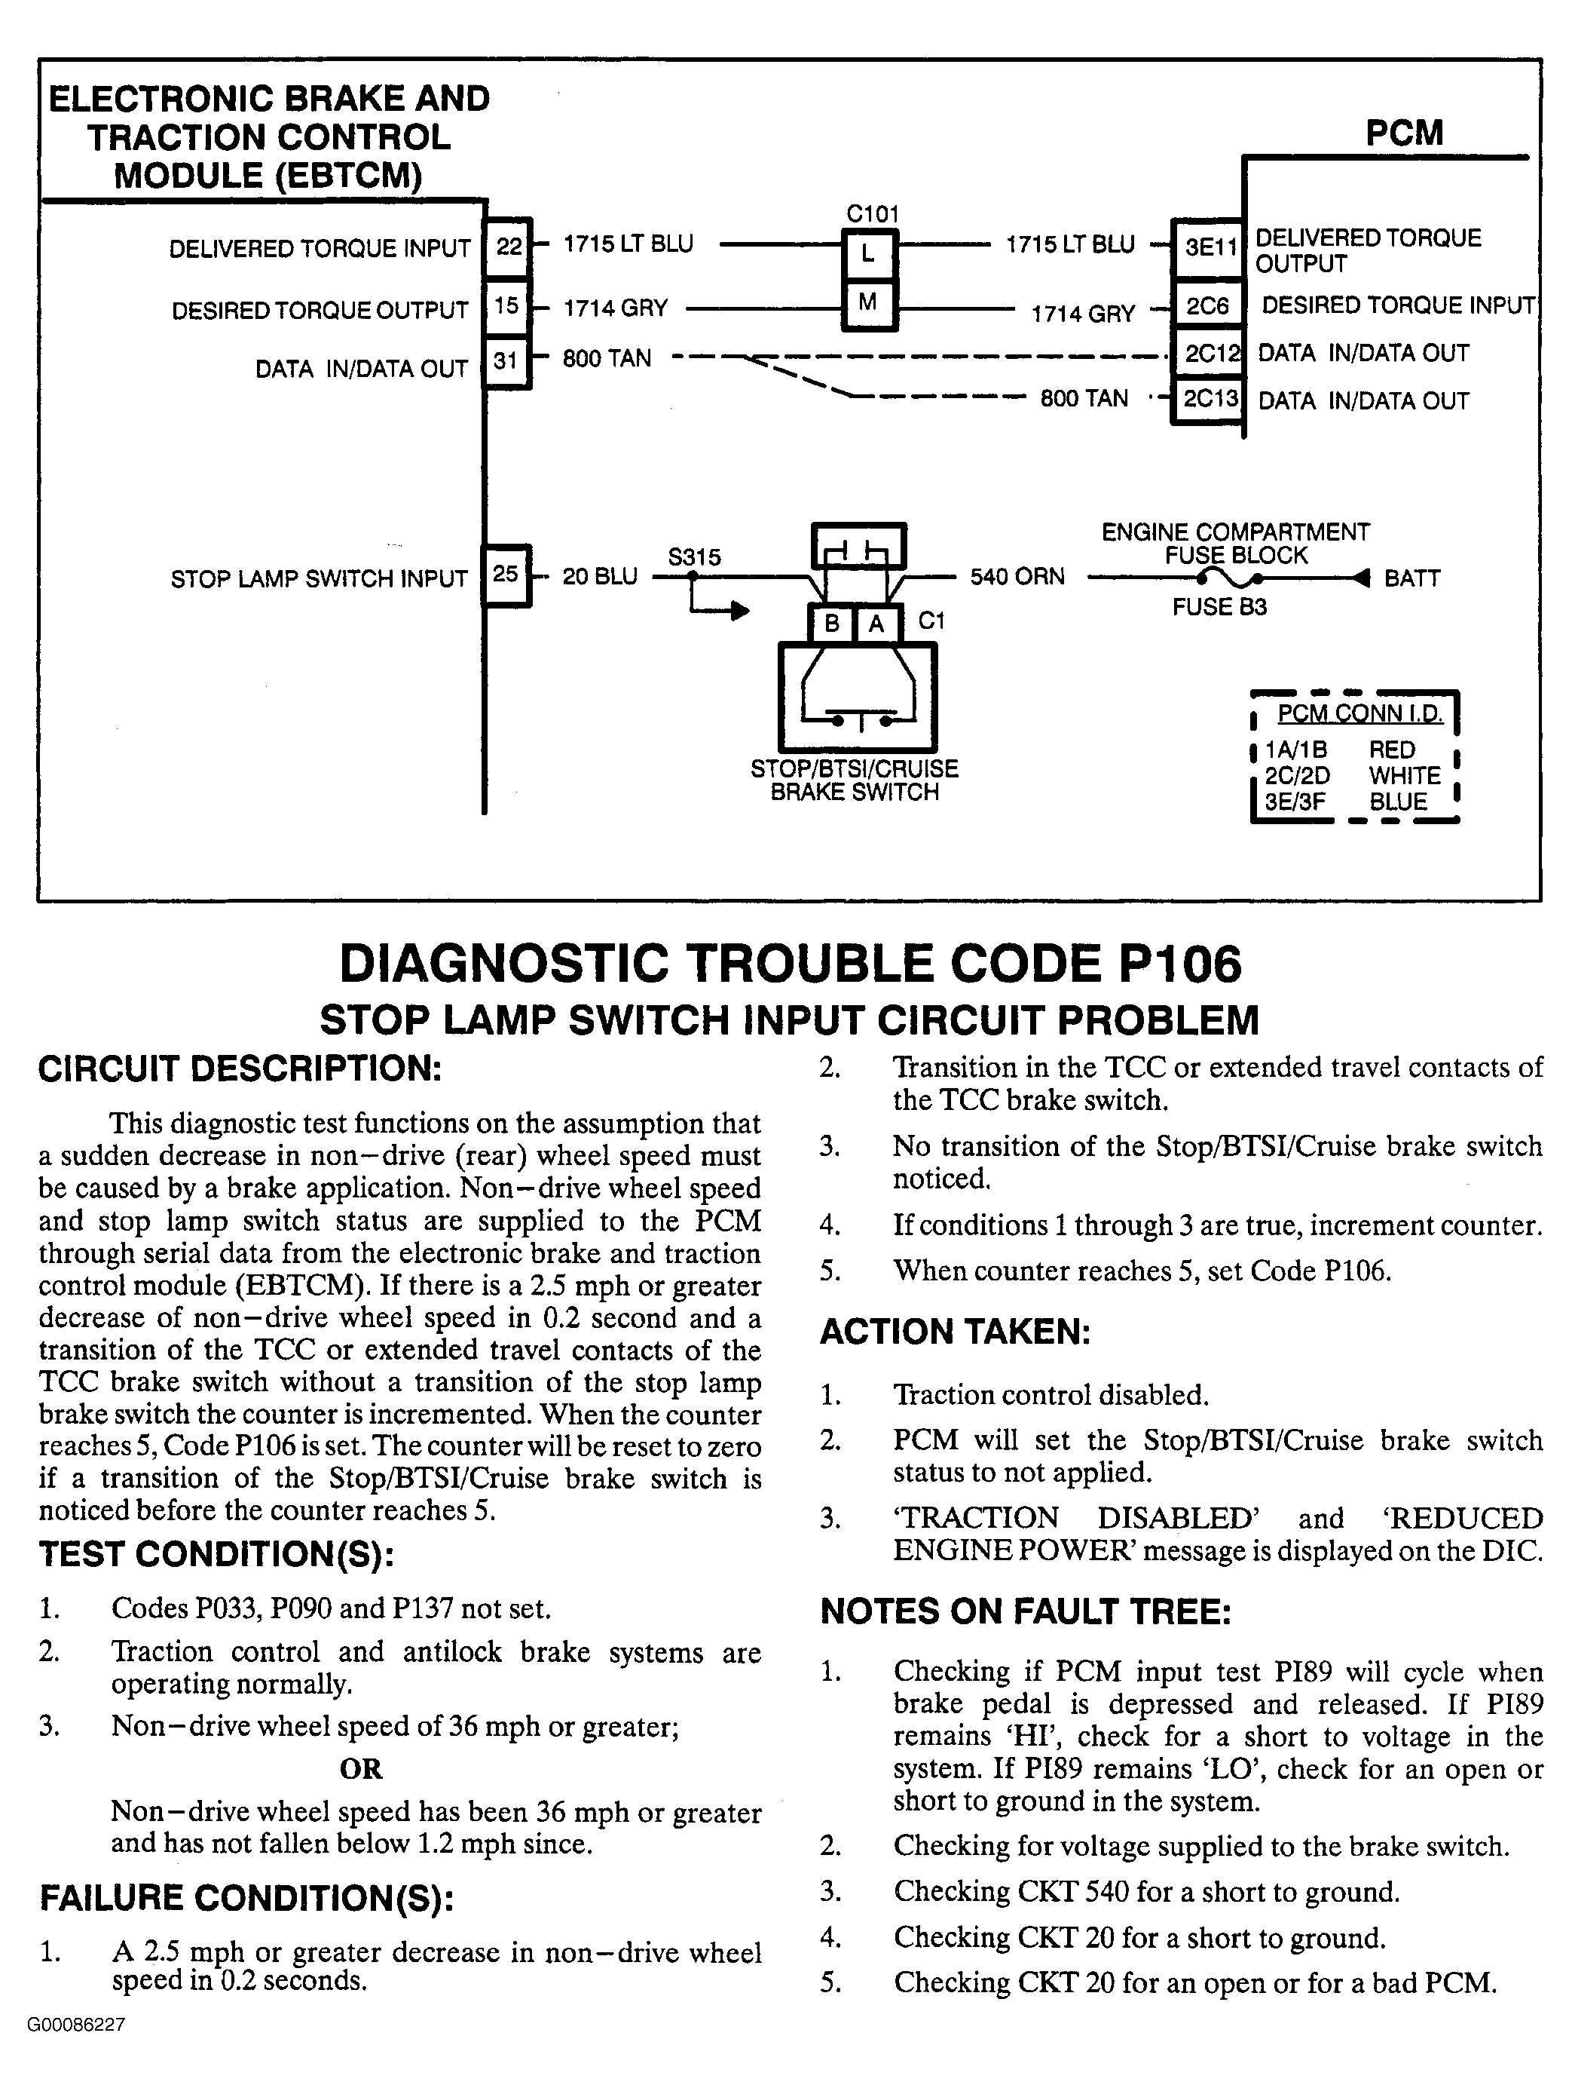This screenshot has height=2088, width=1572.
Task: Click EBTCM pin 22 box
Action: tap(508, 247)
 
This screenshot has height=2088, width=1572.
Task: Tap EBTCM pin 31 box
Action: tap(506, 360)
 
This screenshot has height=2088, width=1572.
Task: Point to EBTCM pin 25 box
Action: tap(506, 574)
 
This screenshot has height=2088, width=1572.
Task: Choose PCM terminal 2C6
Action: tap(1208, 306)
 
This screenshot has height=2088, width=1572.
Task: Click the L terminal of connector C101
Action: tap(868, 251)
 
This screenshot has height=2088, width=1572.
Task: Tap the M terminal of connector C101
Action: tap(868, 303)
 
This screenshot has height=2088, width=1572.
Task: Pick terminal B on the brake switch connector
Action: tap(832, 623)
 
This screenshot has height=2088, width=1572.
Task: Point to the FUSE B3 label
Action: tap(1219, 607)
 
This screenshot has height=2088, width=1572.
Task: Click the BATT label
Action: tap(1411, 578)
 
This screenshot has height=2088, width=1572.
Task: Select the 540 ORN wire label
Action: tap(1017, 576)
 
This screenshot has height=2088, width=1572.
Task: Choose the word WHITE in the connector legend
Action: tap(1405, 776)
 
